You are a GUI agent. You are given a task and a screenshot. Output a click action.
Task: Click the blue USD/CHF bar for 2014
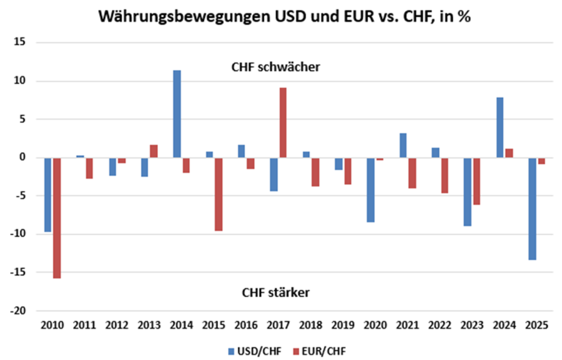pos(177,114)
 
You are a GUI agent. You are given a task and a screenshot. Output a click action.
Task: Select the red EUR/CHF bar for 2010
pos(57,218)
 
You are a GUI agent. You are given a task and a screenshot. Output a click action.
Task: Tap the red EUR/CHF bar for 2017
pos(283,122)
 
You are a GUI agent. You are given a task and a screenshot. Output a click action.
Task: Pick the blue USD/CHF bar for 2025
pos(533,208)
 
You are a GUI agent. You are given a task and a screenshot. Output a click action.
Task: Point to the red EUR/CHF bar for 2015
pos(218,194)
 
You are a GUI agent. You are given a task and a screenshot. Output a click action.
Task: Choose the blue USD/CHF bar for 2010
pos(48,195)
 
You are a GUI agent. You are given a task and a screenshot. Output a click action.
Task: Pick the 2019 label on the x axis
pos(343,324)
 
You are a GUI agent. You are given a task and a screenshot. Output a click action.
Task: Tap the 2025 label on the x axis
pos(536,324)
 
